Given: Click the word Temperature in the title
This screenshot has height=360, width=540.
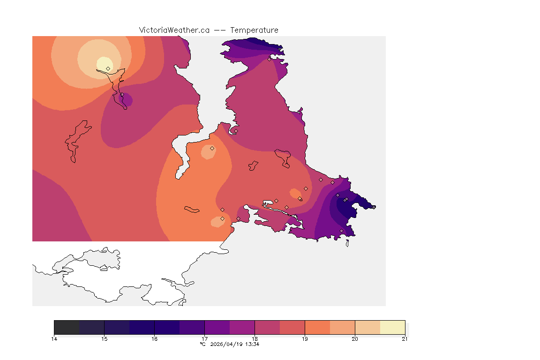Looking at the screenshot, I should [255, 30].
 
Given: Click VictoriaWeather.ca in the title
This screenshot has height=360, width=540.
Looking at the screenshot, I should [174, 30].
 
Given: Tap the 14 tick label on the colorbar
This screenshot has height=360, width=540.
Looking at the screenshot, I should [54, 339].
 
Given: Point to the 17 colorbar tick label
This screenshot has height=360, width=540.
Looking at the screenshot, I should [204, 339].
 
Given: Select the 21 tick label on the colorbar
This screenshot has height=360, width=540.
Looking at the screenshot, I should [405, 339].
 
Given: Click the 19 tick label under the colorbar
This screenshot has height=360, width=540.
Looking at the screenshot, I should [305, 339].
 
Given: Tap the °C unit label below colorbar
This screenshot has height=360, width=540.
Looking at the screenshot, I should [202, 344].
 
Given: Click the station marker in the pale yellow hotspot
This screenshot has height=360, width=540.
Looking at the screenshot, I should [108, 68].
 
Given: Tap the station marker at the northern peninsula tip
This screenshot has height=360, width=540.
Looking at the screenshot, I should [270, 59].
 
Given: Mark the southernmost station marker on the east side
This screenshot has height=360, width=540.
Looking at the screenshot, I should [341, 231].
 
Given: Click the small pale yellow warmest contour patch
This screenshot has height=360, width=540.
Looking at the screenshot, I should [104, 64].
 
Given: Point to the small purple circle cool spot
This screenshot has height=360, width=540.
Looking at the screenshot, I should [126, 100].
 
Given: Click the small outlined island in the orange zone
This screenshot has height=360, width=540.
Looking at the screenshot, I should [192, 209].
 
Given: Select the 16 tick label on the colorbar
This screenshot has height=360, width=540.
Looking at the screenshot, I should [154, 339].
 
